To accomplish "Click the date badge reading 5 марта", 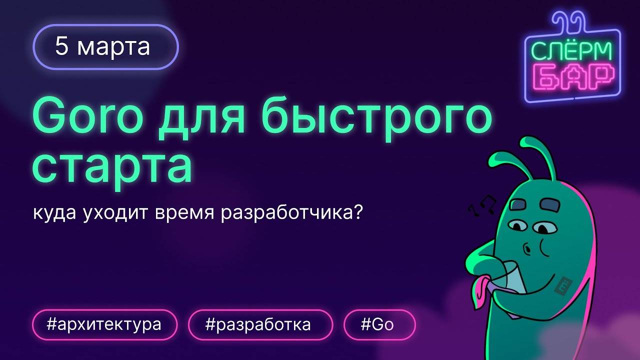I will tap(105, 46).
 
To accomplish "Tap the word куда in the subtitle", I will tap(53, 214).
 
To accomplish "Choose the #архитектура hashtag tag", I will tap(104, 325).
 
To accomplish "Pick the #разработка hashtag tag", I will tap(260, 325).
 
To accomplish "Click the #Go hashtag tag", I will tap(379, 325).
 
